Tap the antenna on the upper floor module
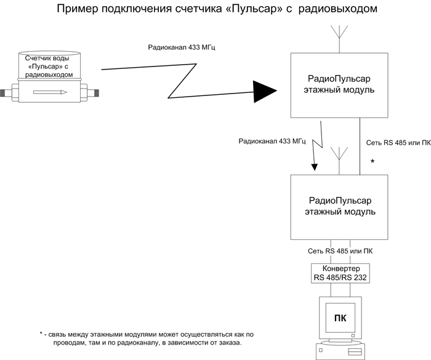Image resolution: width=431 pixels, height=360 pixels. [339, 39]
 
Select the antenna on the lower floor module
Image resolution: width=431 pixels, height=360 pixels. [339, 161]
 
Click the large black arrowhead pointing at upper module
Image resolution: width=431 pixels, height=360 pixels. [264, 91]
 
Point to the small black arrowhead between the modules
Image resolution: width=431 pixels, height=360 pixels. [315, 167]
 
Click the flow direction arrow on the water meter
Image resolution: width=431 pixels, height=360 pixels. [50, 92]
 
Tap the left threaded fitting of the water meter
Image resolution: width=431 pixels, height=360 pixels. [6, 93]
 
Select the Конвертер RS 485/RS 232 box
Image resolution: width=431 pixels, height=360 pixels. [340, 273]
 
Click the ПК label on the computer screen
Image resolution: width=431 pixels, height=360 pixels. [340, 318]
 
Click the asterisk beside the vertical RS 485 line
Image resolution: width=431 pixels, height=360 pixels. [373, 162]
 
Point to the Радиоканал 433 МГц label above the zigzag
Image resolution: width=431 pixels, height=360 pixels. [182, 47]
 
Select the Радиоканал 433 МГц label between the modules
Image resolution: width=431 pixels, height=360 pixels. [272, 142]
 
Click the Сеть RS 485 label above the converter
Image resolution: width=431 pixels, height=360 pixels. [340, 251]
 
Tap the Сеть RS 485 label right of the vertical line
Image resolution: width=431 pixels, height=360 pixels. [398, 143]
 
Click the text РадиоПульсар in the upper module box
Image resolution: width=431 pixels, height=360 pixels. [339, 79]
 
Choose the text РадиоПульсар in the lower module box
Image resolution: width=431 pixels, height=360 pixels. [340, 201]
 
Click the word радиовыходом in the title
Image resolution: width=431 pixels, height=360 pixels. [338, 9]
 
